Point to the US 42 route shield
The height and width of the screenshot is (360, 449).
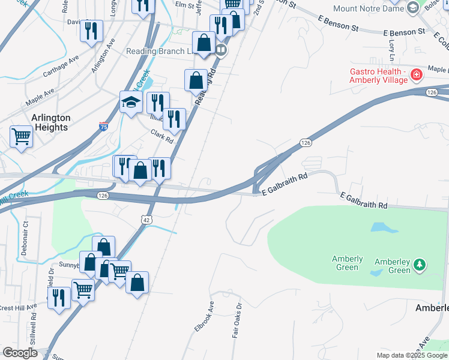click(147, 220)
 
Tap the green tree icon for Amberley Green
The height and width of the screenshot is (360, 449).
click(421, 263)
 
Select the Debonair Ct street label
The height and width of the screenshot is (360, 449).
click(25, 238)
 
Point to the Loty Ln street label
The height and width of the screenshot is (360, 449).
click(391, 50)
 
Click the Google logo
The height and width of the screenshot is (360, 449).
click(20, 353)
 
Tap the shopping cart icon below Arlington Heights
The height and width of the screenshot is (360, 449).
click(21, 136)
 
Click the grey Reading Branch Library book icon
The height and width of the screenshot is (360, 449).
click(221, 50)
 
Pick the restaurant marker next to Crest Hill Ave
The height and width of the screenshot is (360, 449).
click(59, 297)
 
